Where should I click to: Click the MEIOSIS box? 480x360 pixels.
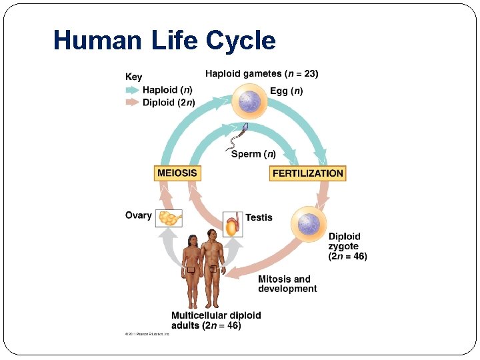(x=177, y=173)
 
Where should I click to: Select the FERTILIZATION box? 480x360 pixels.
(x=308, y=173)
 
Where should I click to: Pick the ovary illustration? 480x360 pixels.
(x=169, y=217)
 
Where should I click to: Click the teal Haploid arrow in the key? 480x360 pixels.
(x=133, y=89)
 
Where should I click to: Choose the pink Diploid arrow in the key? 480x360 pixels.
(x=133, y=103)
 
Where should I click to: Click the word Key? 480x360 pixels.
(x=133, y=77)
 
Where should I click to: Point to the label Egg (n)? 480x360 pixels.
(x=286, y=91)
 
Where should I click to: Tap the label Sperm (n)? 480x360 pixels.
(x=253, y=154)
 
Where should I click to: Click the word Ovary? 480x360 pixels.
(x=138, y=215)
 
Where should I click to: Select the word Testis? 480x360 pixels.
(x=259, y=217)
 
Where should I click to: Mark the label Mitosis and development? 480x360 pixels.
(x=287, y=284)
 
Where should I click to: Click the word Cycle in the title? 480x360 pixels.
(x=241, y=41)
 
